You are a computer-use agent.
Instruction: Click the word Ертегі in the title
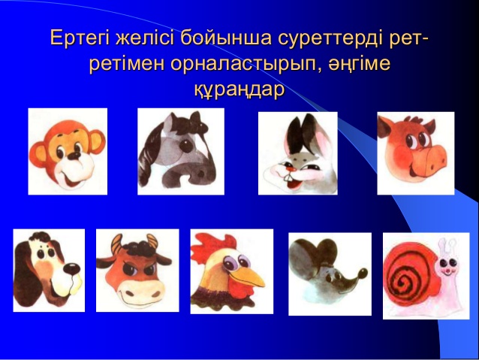point(80,38)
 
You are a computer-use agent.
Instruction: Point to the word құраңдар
point(239,89)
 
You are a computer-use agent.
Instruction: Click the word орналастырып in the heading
point(241,65)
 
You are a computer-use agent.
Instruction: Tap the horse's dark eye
point(185,145)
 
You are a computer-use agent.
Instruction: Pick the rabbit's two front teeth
point(288,177)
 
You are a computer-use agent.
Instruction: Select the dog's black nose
point(72,269)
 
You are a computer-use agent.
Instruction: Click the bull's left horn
point(116,244)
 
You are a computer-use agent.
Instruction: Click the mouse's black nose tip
point(363,273)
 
